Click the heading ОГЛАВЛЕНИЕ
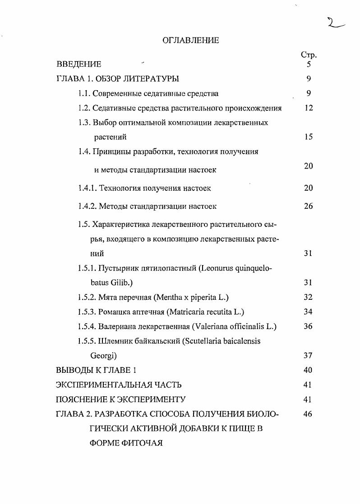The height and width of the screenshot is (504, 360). click(x=190, y=41)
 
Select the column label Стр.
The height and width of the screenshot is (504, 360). click(x=309, y=55)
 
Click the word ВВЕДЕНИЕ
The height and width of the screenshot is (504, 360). click(x=78, y=64)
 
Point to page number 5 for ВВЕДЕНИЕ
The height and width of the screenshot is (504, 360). click(x=309, y=64)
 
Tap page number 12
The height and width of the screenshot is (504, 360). click(x=309, y=108)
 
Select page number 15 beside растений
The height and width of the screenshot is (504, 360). click(x=309, y=137)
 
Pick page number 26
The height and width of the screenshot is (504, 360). click(x=309, y=206)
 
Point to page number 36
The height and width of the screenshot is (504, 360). click(x=309, y=326)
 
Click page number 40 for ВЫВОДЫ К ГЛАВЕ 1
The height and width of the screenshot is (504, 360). click(x=309, y=370)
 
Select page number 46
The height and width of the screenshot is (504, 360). click(x=309, y=414)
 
